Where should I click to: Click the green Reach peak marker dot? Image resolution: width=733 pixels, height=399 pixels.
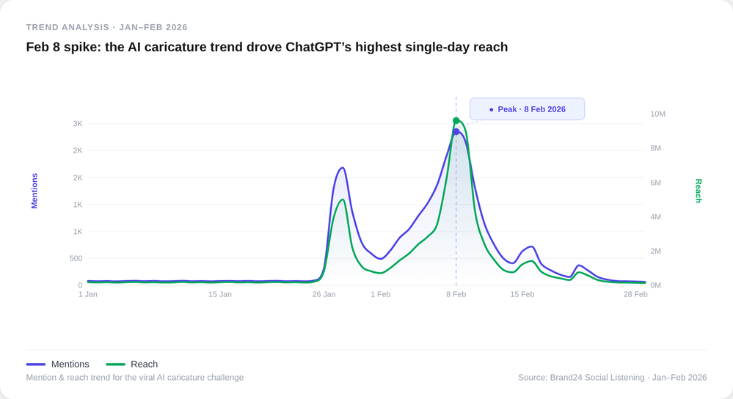pyautogui.click(x=456, y=121)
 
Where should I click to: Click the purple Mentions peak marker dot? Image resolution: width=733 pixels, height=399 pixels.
pyautogui.click(x=456, y=132)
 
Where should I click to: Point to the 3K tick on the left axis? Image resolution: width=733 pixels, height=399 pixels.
pyautogui.click(x=78, y=124)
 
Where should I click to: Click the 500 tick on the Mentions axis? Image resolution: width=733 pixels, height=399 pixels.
pyautogui.click(x=76, y=258)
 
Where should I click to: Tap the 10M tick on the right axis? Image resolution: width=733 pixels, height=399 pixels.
pyautogui.click(x=657, y=114)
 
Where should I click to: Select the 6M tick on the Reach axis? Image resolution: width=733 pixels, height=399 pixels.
pyautogui.click(x=655, y=183)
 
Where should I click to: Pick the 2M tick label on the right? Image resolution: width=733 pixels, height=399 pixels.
pyautogui.click(x=655, y=251)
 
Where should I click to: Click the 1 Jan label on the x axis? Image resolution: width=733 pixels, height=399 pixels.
pyautogui.click(x=88, y=294)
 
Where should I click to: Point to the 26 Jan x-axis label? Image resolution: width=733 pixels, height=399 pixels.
pyautogui.click(x=324, y=294)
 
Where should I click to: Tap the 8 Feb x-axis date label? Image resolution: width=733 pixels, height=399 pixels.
pyautogui.click(x=456, y=294)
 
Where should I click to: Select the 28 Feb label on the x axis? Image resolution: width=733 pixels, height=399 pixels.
pyautogui.click(x=635, y=294)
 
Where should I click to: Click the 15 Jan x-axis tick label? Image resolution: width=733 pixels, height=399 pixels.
pyautogui.click(x=220, y=294)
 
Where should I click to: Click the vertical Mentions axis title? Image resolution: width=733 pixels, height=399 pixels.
pyautogui.click(x=34, y=191)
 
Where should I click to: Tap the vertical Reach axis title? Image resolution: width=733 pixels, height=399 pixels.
pyautogui.click(x=699, y=191)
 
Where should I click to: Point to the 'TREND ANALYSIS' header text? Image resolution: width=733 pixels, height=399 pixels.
pyautogui.click(x=68, y=27)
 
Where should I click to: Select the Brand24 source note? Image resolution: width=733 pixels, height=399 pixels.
pyautogui.click(x=612, y=378)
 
